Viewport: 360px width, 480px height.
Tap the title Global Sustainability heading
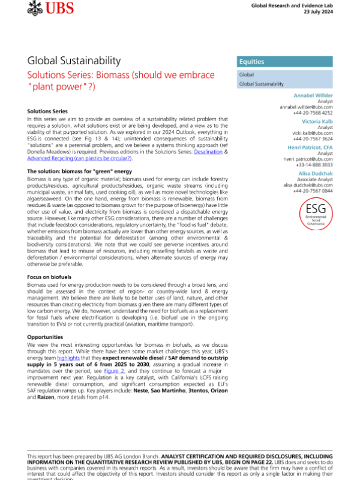pyautogui.click(x=74, y=61)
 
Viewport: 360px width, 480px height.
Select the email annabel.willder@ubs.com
pyautogui.click(x=306, y=107)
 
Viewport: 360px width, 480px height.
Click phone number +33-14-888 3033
pyautogui.click(x=313, y=164)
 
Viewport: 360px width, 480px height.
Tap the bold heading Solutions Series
pyautogui.click(x=47, y=112)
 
